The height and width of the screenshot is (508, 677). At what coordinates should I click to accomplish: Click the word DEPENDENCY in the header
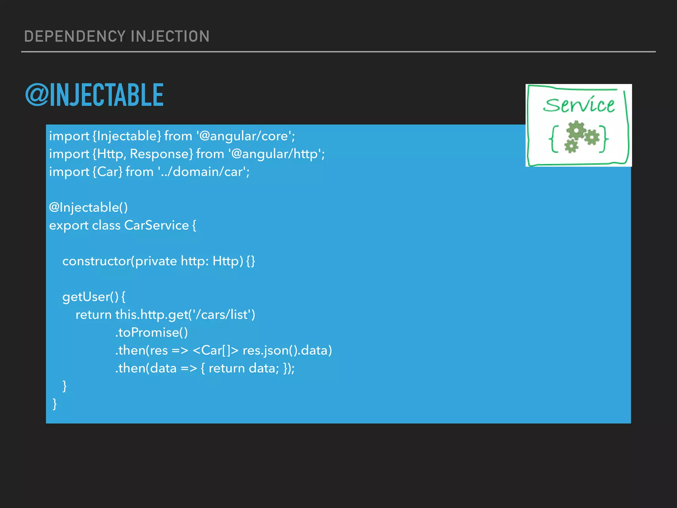75,36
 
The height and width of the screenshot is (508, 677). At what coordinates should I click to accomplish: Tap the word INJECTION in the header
170,36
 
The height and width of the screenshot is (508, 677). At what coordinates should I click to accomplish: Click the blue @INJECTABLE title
94,95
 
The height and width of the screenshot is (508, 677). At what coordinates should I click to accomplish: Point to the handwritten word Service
578,105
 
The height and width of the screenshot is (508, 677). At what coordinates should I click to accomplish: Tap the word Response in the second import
159,154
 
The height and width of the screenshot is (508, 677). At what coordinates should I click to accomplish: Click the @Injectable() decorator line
88,208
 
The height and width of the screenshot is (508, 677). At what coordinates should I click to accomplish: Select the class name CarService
156,226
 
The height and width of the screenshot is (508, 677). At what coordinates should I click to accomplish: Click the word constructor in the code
97,261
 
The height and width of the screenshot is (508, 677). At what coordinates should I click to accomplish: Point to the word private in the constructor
156,261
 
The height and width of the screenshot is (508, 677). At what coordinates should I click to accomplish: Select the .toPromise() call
151,333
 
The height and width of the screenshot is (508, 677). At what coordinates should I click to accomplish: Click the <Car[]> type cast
215,351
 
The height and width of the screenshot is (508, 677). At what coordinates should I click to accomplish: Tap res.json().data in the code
287,351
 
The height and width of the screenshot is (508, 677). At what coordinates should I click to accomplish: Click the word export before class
69,226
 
